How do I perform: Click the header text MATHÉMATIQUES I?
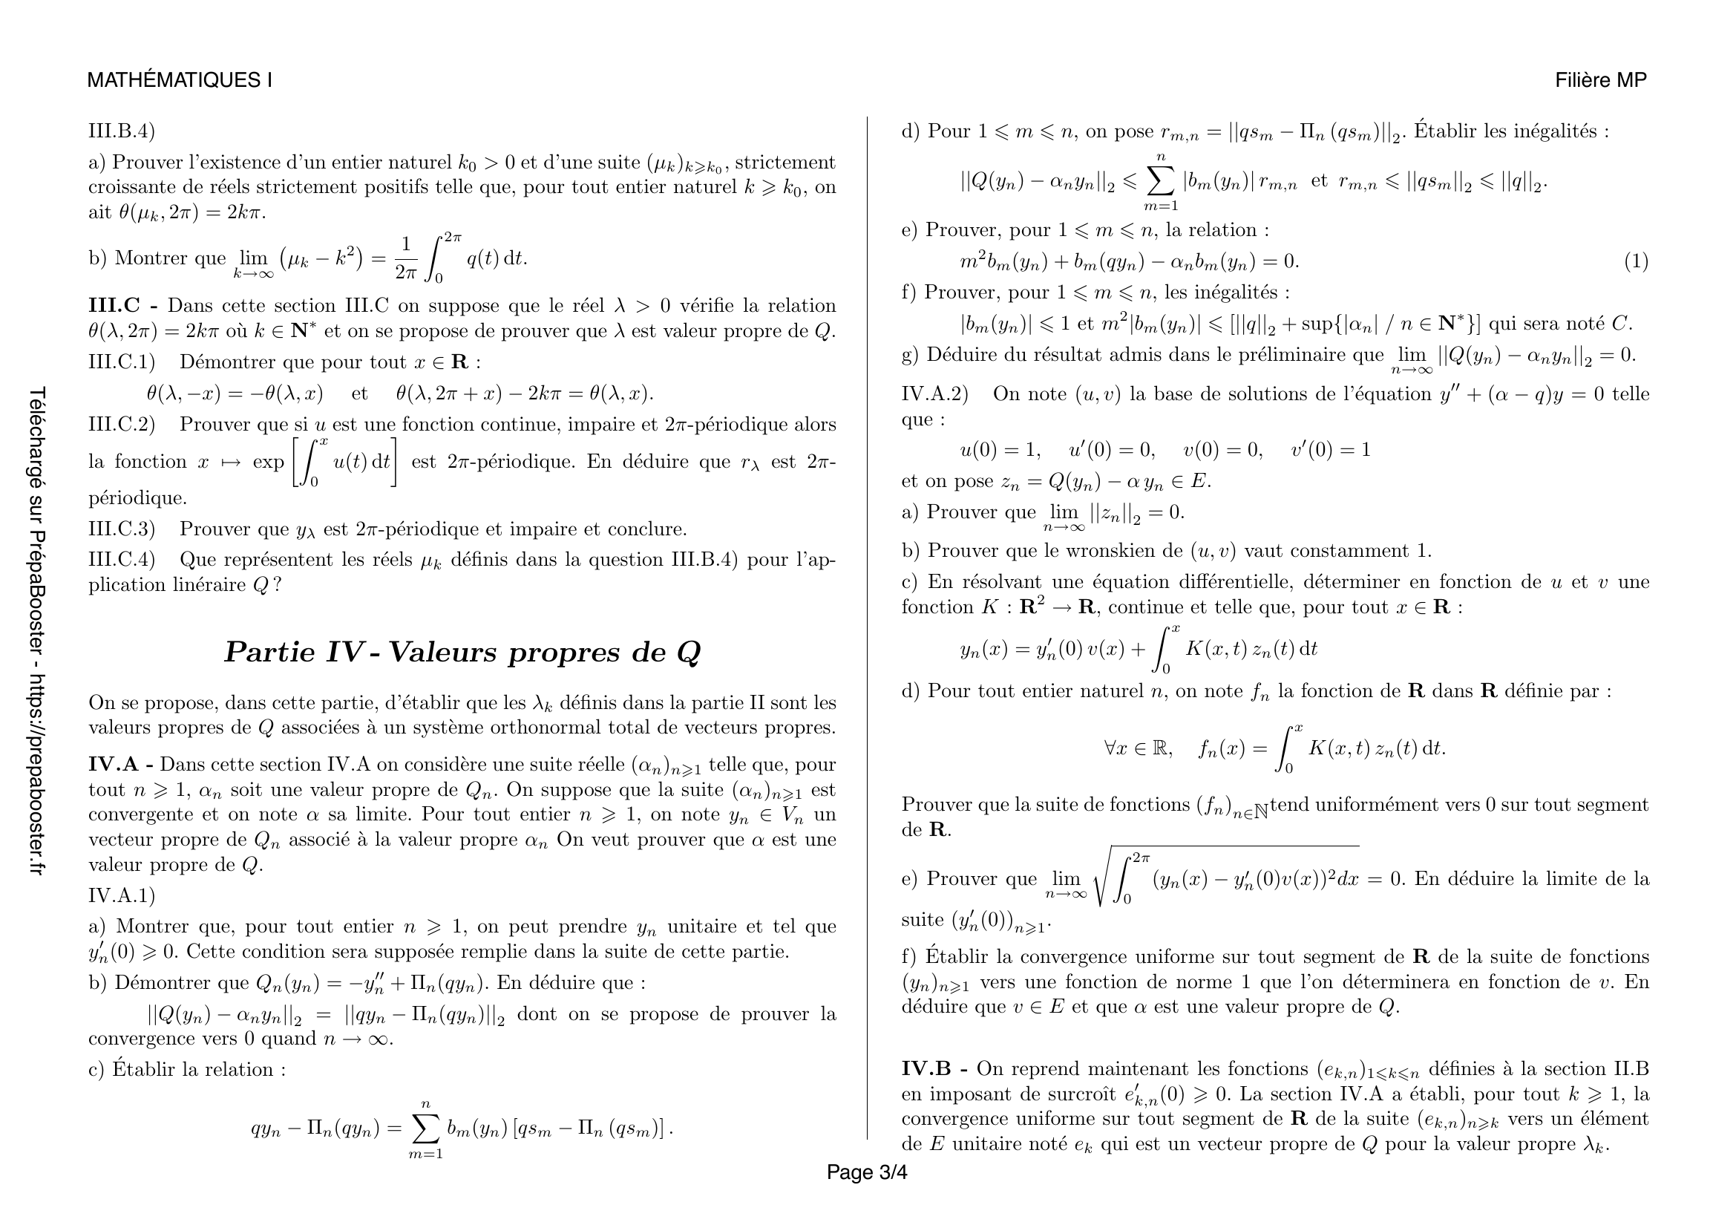180,80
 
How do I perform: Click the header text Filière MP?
1601,80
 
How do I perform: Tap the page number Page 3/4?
866,1172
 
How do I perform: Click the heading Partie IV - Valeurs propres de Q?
462,652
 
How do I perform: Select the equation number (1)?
1636,261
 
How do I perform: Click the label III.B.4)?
122,131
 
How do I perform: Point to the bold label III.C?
114,306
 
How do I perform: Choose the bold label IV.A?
114,765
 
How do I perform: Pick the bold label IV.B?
926,1069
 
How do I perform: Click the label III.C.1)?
122,362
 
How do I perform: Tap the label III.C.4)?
122,560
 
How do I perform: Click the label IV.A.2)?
934,394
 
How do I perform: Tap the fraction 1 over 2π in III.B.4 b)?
406,258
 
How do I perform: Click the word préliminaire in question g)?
1327,355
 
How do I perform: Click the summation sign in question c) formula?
426,1129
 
